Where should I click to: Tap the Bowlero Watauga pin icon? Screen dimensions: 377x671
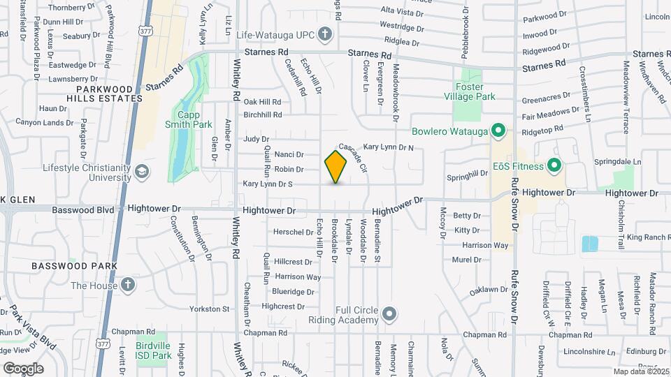point(498,131)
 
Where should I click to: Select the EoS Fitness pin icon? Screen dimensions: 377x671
point(555,166)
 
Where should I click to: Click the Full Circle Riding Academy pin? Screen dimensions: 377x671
point(390,312)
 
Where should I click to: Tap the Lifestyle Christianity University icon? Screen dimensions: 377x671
point(142,171)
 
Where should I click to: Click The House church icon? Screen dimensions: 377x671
point(127,285)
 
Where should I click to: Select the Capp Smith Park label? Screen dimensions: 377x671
point(188,119)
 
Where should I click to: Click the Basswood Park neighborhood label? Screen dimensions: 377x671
point(68,266)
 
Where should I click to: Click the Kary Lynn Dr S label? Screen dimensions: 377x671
point(267,184)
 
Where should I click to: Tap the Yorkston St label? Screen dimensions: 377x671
point(210,309)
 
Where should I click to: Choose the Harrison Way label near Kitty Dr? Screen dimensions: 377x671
point(485,245)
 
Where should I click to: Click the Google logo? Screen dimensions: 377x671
point(23,368)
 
